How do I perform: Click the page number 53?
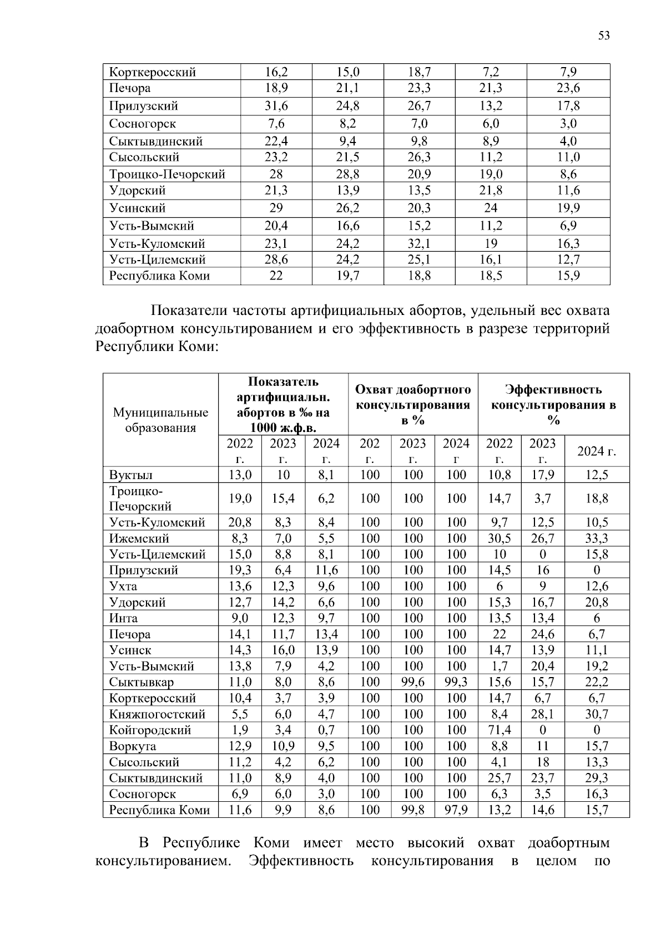tap(604, 35)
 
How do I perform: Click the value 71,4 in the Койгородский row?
tap(499, 730)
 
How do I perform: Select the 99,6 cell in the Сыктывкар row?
tap(413, 682)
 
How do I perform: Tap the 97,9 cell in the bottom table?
tap(456, 810)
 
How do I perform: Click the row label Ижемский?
tap(139, 538)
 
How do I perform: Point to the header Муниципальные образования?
tap(161, 420)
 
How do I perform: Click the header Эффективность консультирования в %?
tap(553, 404)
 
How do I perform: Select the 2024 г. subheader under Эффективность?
tap(597, 451)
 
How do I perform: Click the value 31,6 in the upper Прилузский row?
tap(276, 106)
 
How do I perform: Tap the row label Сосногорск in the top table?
tap(143, 124)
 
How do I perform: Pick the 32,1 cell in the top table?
tap(419, 243)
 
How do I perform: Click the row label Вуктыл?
tap(131, 475)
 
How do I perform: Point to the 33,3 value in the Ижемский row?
tap(597, 538)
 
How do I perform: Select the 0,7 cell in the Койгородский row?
tap(326, 730)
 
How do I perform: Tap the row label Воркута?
tap(133, 746)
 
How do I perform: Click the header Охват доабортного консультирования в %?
tap(413, 404)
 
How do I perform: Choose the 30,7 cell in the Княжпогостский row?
tap(597, 714)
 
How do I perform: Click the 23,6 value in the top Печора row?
tap(568, 88)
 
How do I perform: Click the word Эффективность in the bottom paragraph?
tap(301, 861)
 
